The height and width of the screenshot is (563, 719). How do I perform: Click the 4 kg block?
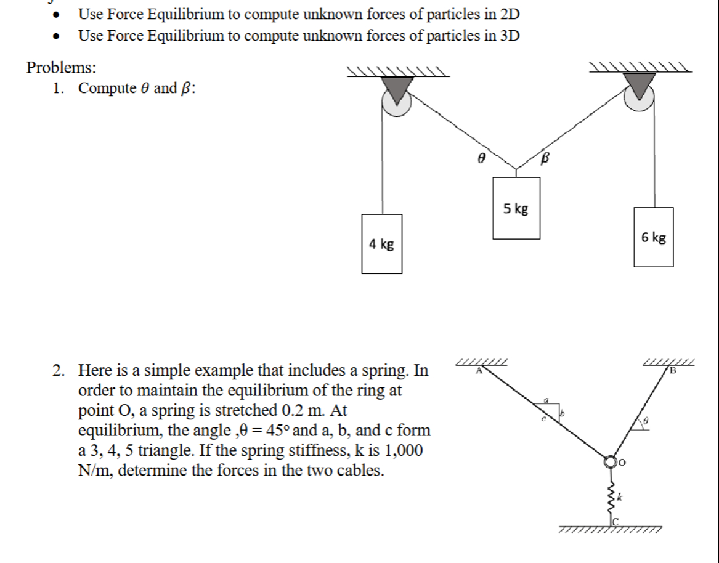coord(382,244)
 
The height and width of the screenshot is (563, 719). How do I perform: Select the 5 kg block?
coord(516,208)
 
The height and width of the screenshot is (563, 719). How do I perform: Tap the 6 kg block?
coord(654,237)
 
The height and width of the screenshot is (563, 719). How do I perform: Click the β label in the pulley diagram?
coord(544,158)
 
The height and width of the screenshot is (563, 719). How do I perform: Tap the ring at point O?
coord(611,461)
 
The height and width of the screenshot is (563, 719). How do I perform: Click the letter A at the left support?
coord(478,371)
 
